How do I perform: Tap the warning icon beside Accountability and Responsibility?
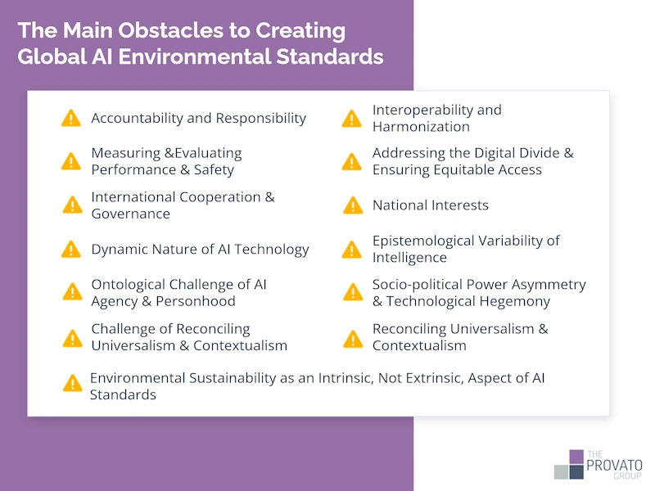point(71,119)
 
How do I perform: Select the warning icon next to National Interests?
point(352,205)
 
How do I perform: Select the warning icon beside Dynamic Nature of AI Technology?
point(71,250)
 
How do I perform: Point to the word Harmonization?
point(421,127)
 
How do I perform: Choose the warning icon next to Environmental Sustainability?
point(73,383)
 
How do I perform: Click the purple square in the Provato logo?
point(576,456)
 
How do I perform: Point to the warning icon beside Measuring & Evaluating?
point(71,161)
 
